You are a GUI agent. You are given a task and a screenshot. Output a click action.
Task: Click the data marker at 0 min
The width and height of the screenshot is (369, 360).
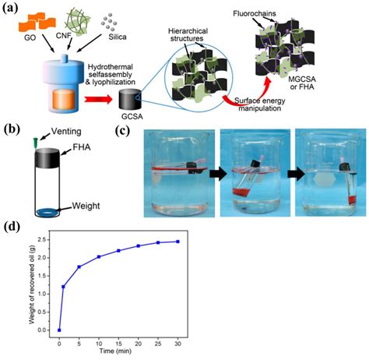coord(59,330)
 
